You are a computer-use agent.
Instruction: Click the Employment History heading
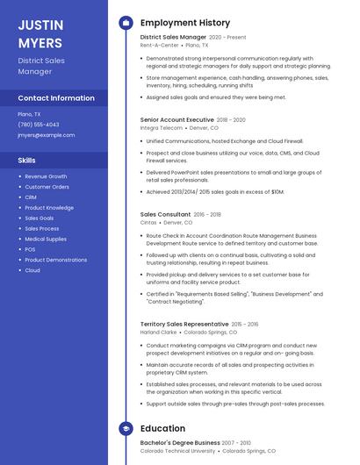pos(184,23)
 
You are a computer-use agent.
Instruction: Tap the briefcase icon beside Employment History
pos(126,23)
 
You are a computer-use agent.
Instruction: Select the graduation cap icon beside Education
pos(126,428)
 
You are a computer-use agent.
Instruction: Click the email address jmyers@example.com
pos(46,135)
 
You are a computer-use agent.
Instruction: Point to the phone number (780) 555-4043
pos(39,125)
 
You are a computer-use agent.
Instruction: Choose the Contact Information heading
pos(56,98)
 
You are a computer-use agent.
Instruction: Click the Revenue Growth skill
pos(46,176)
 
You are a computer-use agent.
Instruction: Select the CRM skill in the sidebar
pos(31,197)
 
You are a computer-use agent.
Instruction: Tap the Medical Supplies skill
pos(46,239)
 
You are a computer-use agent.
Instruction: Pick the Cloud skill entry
pos(32,270)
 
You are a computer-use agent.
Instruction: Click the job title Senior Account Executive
pos(176,119)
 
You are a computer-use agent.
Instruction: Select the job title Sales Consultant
pos(165,214)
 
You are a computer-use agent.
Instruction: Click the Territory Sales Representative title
pos(184,324)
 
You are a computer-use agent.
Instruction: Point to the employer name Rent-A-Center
pos(159,46)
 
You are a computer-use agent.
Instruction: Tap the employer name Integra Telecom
pos(161,127)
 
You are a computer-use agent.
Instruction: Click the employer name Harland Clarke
pos(159,333)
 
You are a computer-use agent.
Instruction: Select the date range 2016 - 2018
pos(207,214)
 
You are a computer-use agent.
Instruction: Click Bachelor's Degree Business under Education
pos(180,443)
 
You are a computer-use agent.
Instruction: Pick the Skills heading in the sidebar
pos(27,161)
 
